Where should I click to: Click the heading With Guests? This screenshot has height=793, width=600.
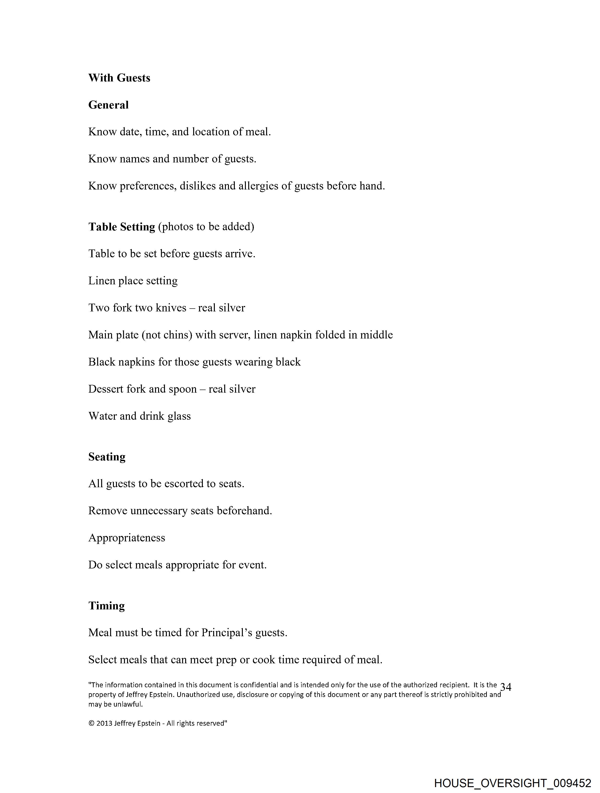click(x=119, y=78)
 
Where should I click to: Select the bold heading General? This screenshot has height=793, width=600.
click(x=108, y=105)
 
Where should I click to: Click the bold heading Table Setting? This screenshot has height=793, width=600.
click(x=121, y=227)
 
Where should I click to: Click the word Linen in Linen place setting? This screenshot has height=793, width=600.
click(x=102, y=281)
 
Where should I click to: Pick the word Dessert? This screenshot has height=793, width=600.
click(x=106, y=389)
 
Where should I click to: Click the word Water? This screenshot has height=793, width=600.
click(x=103, y=416)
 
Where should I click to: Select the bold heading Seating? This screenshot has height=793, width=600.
click(x=107, y=457)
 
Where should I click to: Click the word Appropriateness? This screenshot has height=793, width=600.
click(x=127, y=538)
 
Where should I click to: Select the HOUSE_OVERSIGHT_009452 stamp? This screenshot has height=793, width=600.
click(x=512, y=783)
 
